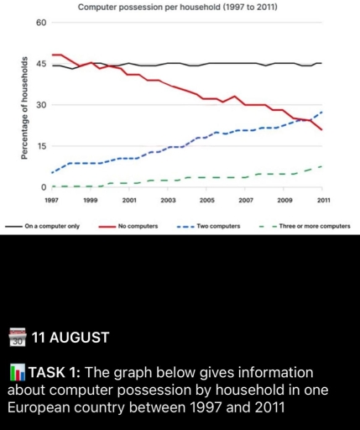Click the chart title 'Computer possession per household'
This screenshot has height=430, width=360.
(x=177, y=7)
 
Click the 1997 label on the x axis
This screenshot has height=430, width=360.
(x=52, y=202)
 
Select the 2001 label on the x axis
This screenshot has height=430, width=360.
(x=129, y=202)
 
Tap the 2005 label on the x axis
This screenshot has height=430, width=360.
(x=206, y=202)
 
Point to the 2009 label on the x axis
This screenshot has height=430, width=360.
(x=284, y=202)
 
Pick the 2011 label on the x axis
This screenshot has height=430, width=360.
(x=323, y=202)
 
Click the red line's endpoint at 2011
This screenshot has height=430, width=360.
(x=322, y=130)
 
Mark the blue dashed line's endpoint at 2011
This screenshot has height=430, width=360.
(x=322, y=112)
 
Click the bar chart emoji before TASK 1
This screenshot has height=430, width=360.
(x=16, y=372)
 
